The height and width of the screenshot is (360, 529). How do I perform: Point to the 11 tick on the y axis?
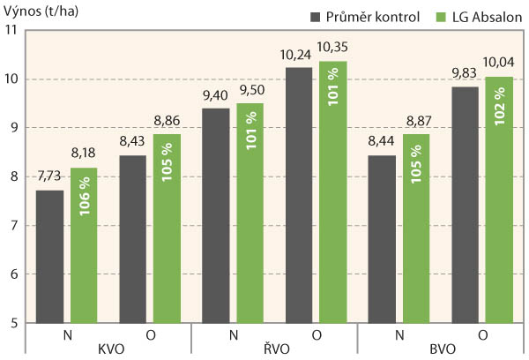click(11, 31)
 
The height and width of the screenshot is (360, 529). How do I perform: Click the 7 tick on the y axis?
click(15, 226)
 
